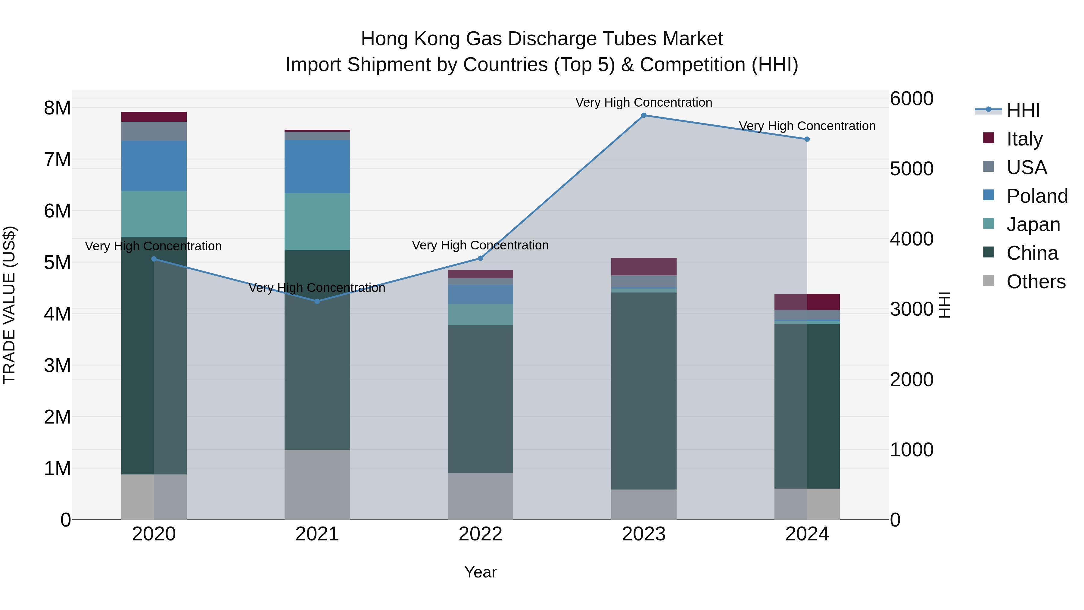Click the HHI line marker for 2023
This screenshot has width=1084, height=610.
[643, 115]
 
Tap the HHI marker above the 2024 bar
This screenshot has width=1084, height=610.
[807, 139]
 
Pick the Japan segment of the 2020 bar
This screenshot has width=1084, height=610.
[154, 214]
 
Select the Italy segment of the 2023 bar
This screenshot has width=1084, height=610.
[643, 267]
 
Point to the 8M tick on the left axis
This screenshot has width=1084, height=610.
[57, 108]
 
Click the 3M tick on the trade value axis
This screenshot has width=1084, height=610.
[57, 365]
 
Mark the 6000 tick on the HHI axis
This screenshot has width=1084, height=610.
[911, 99]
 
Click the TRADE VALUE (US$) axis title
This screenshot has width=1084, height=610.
[9, 305]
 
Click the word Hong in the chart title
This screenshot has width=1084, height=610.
[385, 39]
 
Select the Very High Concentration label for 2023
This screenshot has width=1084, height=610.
[643, 102]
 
